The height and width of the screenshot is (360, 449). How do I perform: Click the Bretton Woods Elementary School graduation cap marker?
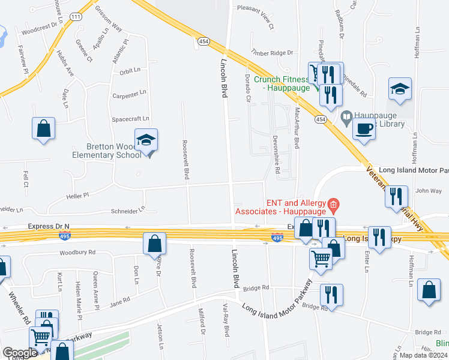click(146, 141)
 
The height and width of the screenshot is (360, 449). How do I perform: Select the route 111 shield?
click(76, 17)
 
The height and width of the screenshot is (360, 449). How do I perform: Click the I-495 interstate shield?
click(277, 238)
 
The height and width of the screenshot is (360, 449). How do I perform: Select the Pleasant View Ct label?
click(255, 26)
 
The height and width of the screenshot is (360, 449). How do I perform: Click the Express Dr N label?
click(49, 226)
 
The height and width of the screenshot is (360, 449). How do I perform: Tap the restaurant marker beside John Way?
click(396, 197)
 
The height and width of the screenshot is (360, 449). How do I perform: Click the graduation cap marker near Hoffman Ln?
click(400, 89)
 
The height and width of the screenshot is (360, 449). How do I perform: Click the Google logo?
click(20, 352)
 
